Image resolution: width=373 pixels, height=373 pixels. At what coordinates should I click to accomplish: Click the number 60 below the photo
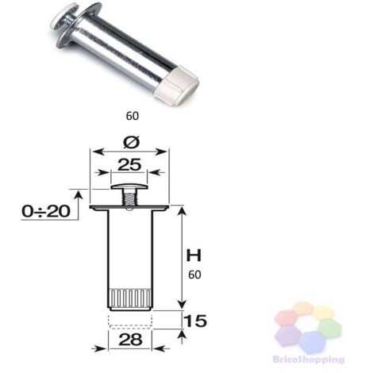tap(133, 116)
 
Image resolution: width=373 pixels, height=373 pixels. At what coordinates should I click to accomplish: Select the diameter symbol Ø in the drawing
tap(131, 142)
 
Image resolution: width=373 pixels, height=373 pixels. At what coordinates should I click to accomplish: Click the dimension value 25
tap(129, 165)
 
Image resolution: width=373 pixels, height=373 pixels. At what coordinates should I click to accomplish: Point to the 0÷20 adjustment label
tap(46, 211)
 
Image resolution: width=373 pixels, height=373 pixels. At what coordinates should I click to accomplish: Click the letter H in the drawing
tap(194, 256)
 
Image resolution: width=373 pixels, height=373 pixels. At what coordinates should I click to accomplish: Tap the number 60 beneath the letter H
tap(194, 275)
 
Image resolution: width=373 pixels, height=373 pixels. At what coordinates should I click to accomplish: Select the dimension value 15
tap(195, 321)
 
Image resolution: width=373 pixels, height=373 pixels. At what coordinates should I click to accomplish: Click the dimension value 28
tap(130, 340)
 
